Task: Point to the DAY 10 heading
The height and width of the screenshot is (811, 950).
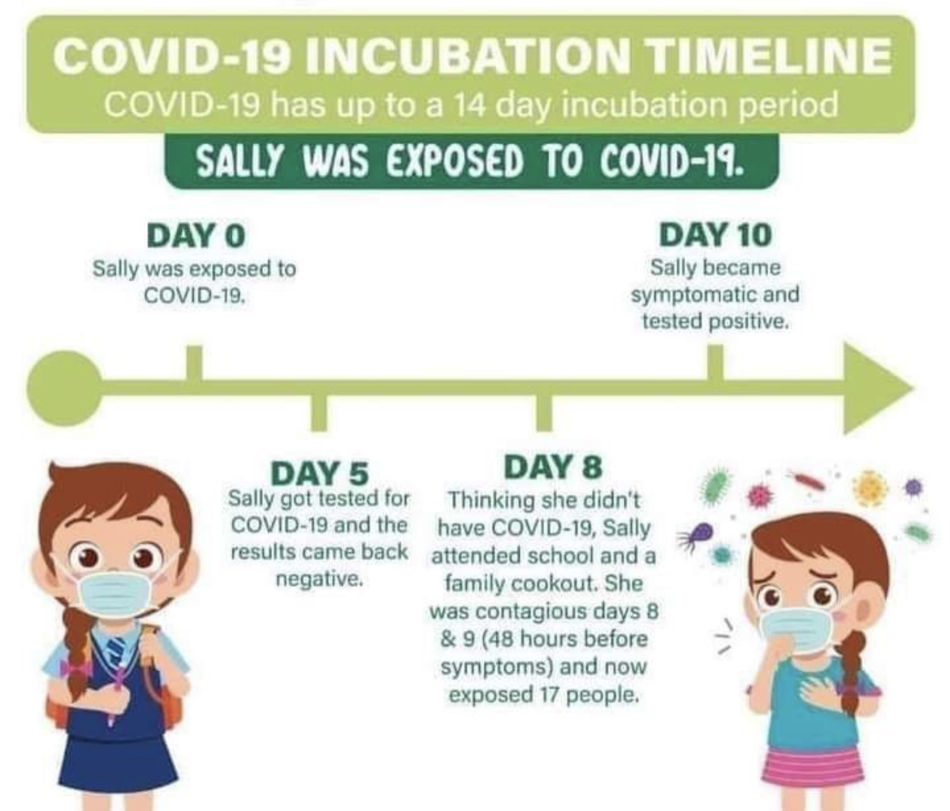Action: [715, 235]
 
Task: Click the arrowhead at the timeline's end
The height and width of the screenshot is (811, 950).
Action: [877, 388]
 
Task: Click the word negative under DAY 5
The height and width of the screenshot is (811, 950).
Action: [319, 582]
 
